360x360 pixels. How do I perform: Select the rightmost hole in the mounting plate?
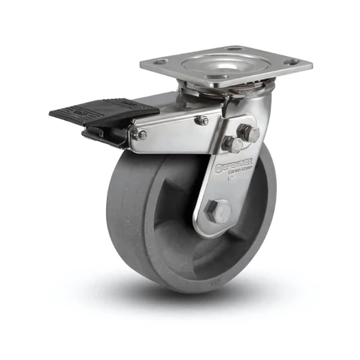pos(292,62)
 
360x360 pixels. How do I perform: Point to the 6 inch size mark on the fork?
pos(230,178)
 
